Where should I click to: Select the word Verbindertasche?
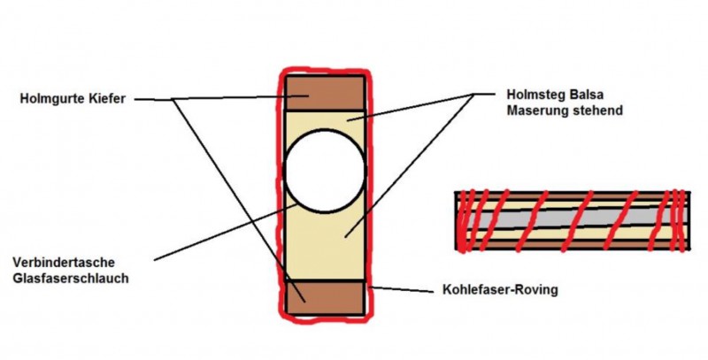pos(64,262)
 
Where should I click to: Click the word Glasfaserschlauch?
pos(71,278)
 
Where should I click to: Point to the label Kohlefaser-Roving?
pos(500,289)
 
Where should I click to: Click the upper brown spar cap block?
pos(325,93)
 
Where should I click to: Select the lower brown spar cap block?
pos(325,298)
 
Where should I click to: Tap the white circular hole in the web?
pos(325,171)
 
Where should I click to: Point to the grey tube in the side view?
pos(573,218)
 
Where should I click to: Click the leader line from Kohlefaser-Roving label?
pos(403,289)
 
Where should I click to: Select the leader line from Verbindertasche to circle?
pos(225,232)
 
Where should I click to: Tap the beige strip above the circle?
pos(325,119)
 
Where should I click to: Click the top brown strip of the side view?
pos(573,196)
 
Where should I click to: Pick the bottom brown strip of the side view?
pos(573,244)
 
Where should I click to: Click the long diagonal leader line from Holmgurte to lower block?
pos(238,201)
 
